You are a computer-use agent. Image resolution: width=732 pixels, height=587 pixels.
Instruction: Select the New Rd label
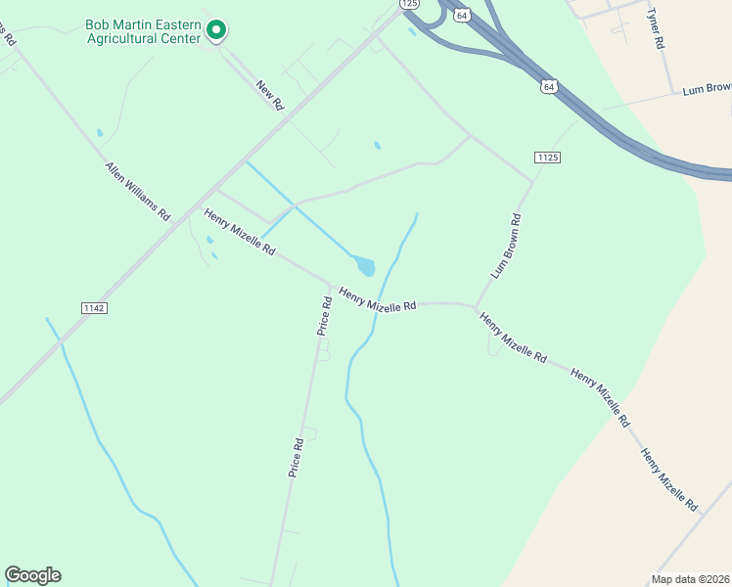269,95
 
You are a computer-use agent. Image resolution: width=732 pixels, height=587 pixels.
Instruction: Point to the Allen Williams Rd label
138,191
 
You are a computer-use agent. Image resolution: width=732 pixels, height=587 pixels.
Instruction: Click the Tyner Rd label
656,28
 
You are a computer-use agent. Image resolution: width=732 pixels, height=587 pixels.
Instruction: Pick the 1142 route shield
94,307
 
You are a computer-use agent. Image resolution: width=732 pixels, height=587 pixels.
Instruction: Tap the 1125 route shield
547,158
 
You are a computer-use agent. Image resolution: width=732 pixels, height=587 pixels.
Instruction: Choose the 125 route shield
409,4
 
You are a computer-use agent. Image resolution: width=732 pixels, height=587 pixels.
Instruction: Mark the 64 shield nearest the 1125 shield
549,87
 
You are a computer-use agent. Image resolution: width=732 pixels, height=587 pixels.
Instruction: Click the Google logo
32,575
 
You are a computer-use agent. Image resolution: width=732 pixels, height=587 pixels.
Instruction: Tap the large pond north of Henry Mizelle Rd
364,265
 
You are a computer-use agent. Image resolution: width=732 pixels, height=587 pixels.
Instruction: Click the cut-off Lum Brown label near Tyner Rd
707,89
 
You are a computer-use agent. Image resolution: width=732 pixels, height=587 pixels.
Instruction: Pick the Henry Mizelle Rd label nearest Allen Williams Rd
239,232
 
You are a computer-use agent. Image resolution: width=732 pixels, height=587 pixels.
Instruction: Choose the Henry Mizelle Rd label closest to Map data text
669,479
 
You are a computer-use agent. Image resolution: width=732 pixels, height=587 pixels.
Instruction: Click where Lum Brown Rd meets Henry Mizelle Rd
476,308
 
